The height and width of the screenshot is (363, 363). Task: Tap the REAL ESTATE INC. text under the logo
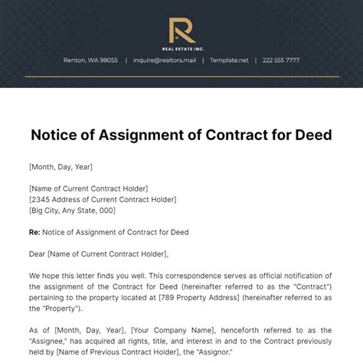click(181, 47)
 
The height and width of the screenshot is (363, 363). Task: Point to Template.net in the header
click(230, 60)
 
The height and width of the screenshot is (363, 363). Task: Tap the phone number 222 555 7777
click(281, 60)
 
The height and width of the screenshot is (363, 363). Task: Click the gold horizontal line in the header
click(181, 76)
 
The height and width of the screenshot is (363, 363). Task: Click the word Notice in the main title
click(54, 136)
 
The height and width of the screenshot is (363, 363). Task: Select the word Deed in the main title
click(311, 136)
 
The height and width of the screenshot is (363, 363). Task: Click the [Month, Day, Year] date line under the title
click(60, 165)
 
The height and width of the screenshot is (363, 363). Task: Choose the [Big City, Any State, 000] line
click(72, 209)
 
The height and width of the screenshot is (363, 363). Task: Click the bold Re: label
click(35, 231)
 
